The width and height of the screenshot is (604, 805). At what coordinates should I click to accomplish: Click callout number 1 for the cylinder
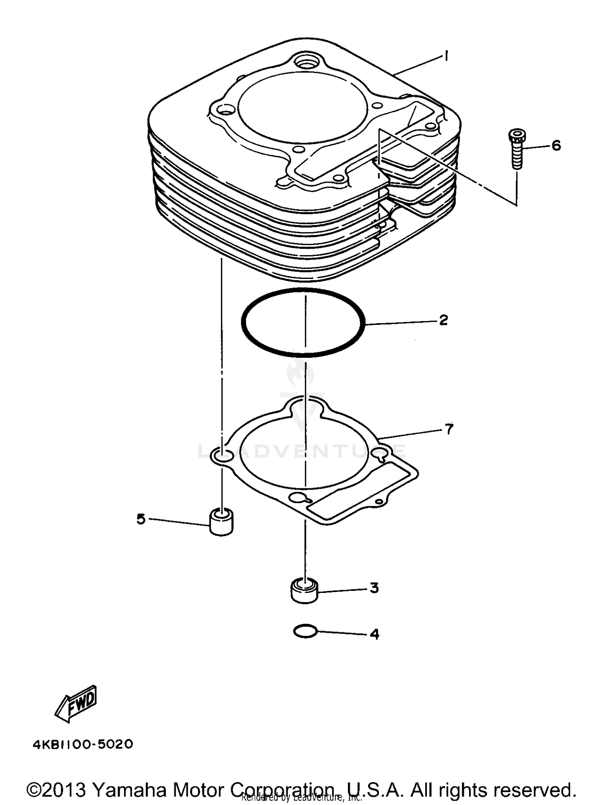coord(446,56)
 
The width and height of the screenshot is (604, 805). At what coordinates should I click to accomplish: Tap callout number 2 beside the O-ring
coord(443,320)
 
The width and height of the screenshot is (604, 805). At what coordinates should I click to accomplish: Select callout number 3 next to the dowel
coord(374,588)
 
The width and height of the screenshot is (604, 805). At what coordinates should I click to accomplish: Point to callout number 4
coord(374,634)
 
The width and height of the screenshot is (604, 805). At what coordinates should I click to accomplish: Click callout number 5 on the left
coord(141,519)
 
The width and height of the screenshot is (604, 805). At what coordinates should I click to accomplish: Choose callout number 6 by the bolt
coord(556,145)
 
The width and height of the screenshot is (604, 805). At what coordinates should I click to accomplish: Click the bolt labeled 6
coord(517,149)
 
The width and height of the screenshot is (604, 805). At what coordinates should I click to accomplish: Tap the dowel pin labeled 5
coord(221,522)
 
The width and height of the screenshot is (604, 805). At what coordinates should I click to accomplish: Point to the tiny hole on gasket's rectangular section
coord(378,502)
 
